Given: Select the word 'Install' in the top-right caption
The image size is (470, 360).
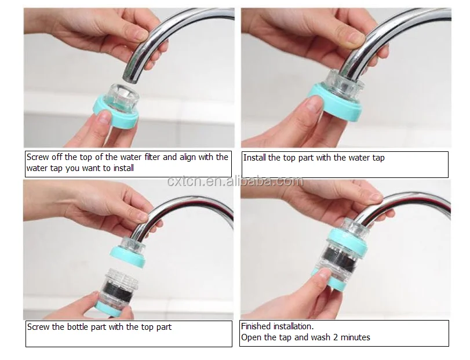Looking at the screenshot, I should point(254,158).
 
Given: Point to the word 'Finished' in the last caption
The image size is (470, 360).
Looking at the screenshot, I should point(257,327).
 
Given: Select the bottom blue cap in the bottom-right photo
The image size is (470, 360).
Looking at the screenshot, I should point(340,284).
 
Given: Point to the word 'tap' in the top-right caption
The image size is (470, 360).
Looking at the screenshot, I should point(377,158).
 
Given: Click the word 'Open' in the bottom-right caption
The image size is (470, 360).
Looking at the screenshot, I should point(252,337).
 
